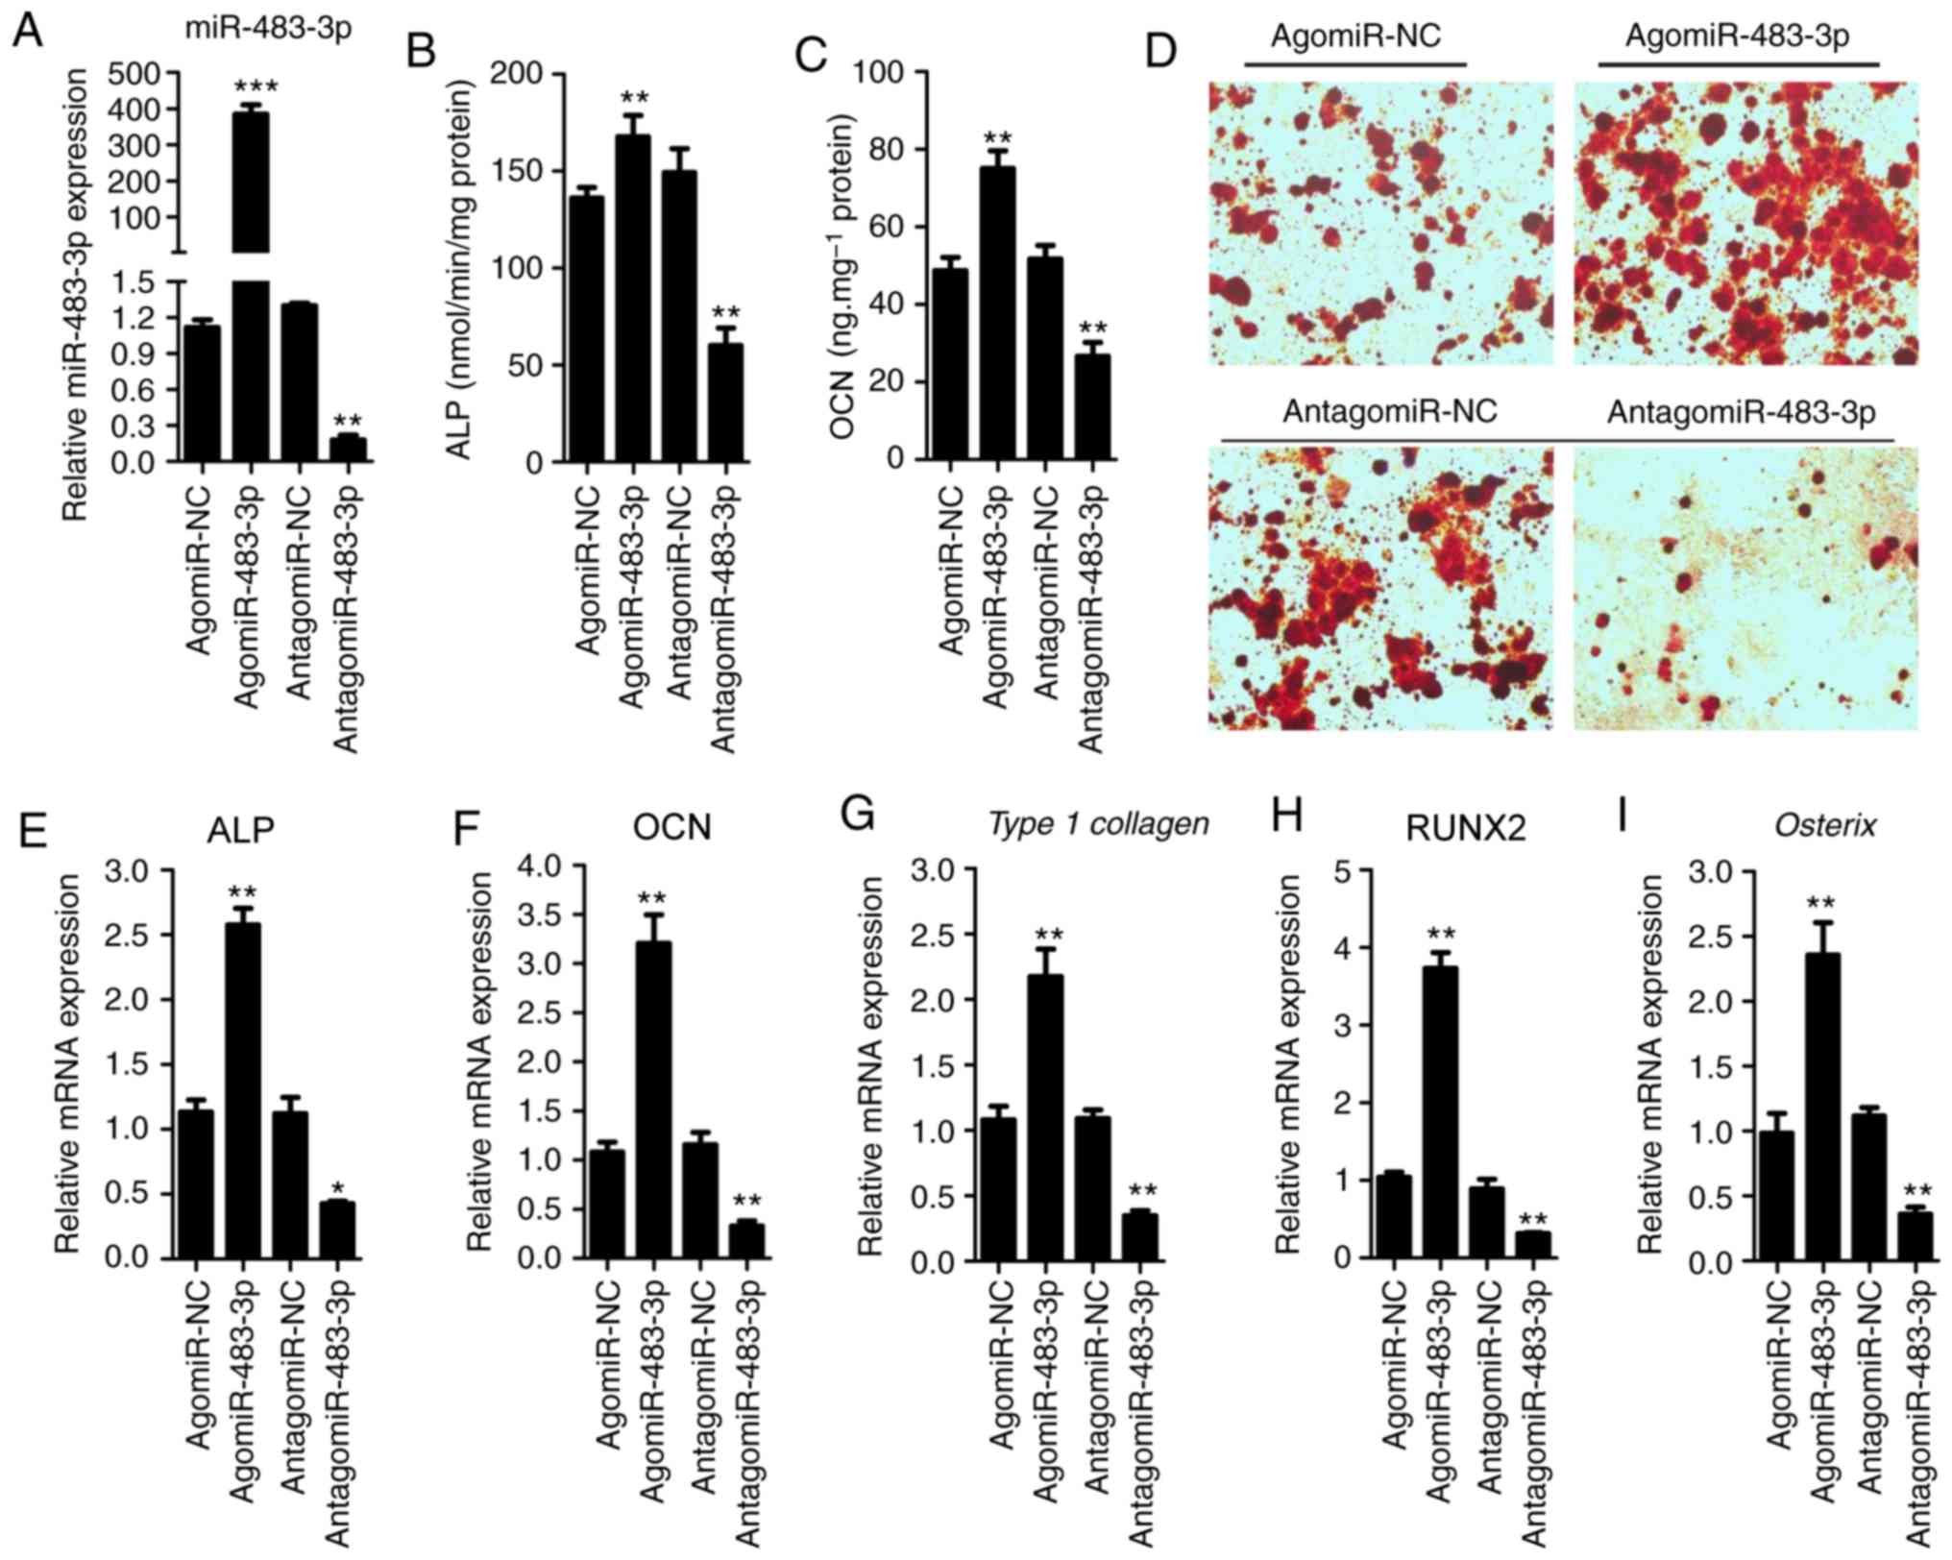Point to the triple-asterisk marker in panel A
(256, 87)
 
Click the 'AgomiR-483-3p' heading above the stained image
(1738, 37)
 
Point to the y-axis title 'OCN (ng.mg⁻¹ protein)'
(844, 279)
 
